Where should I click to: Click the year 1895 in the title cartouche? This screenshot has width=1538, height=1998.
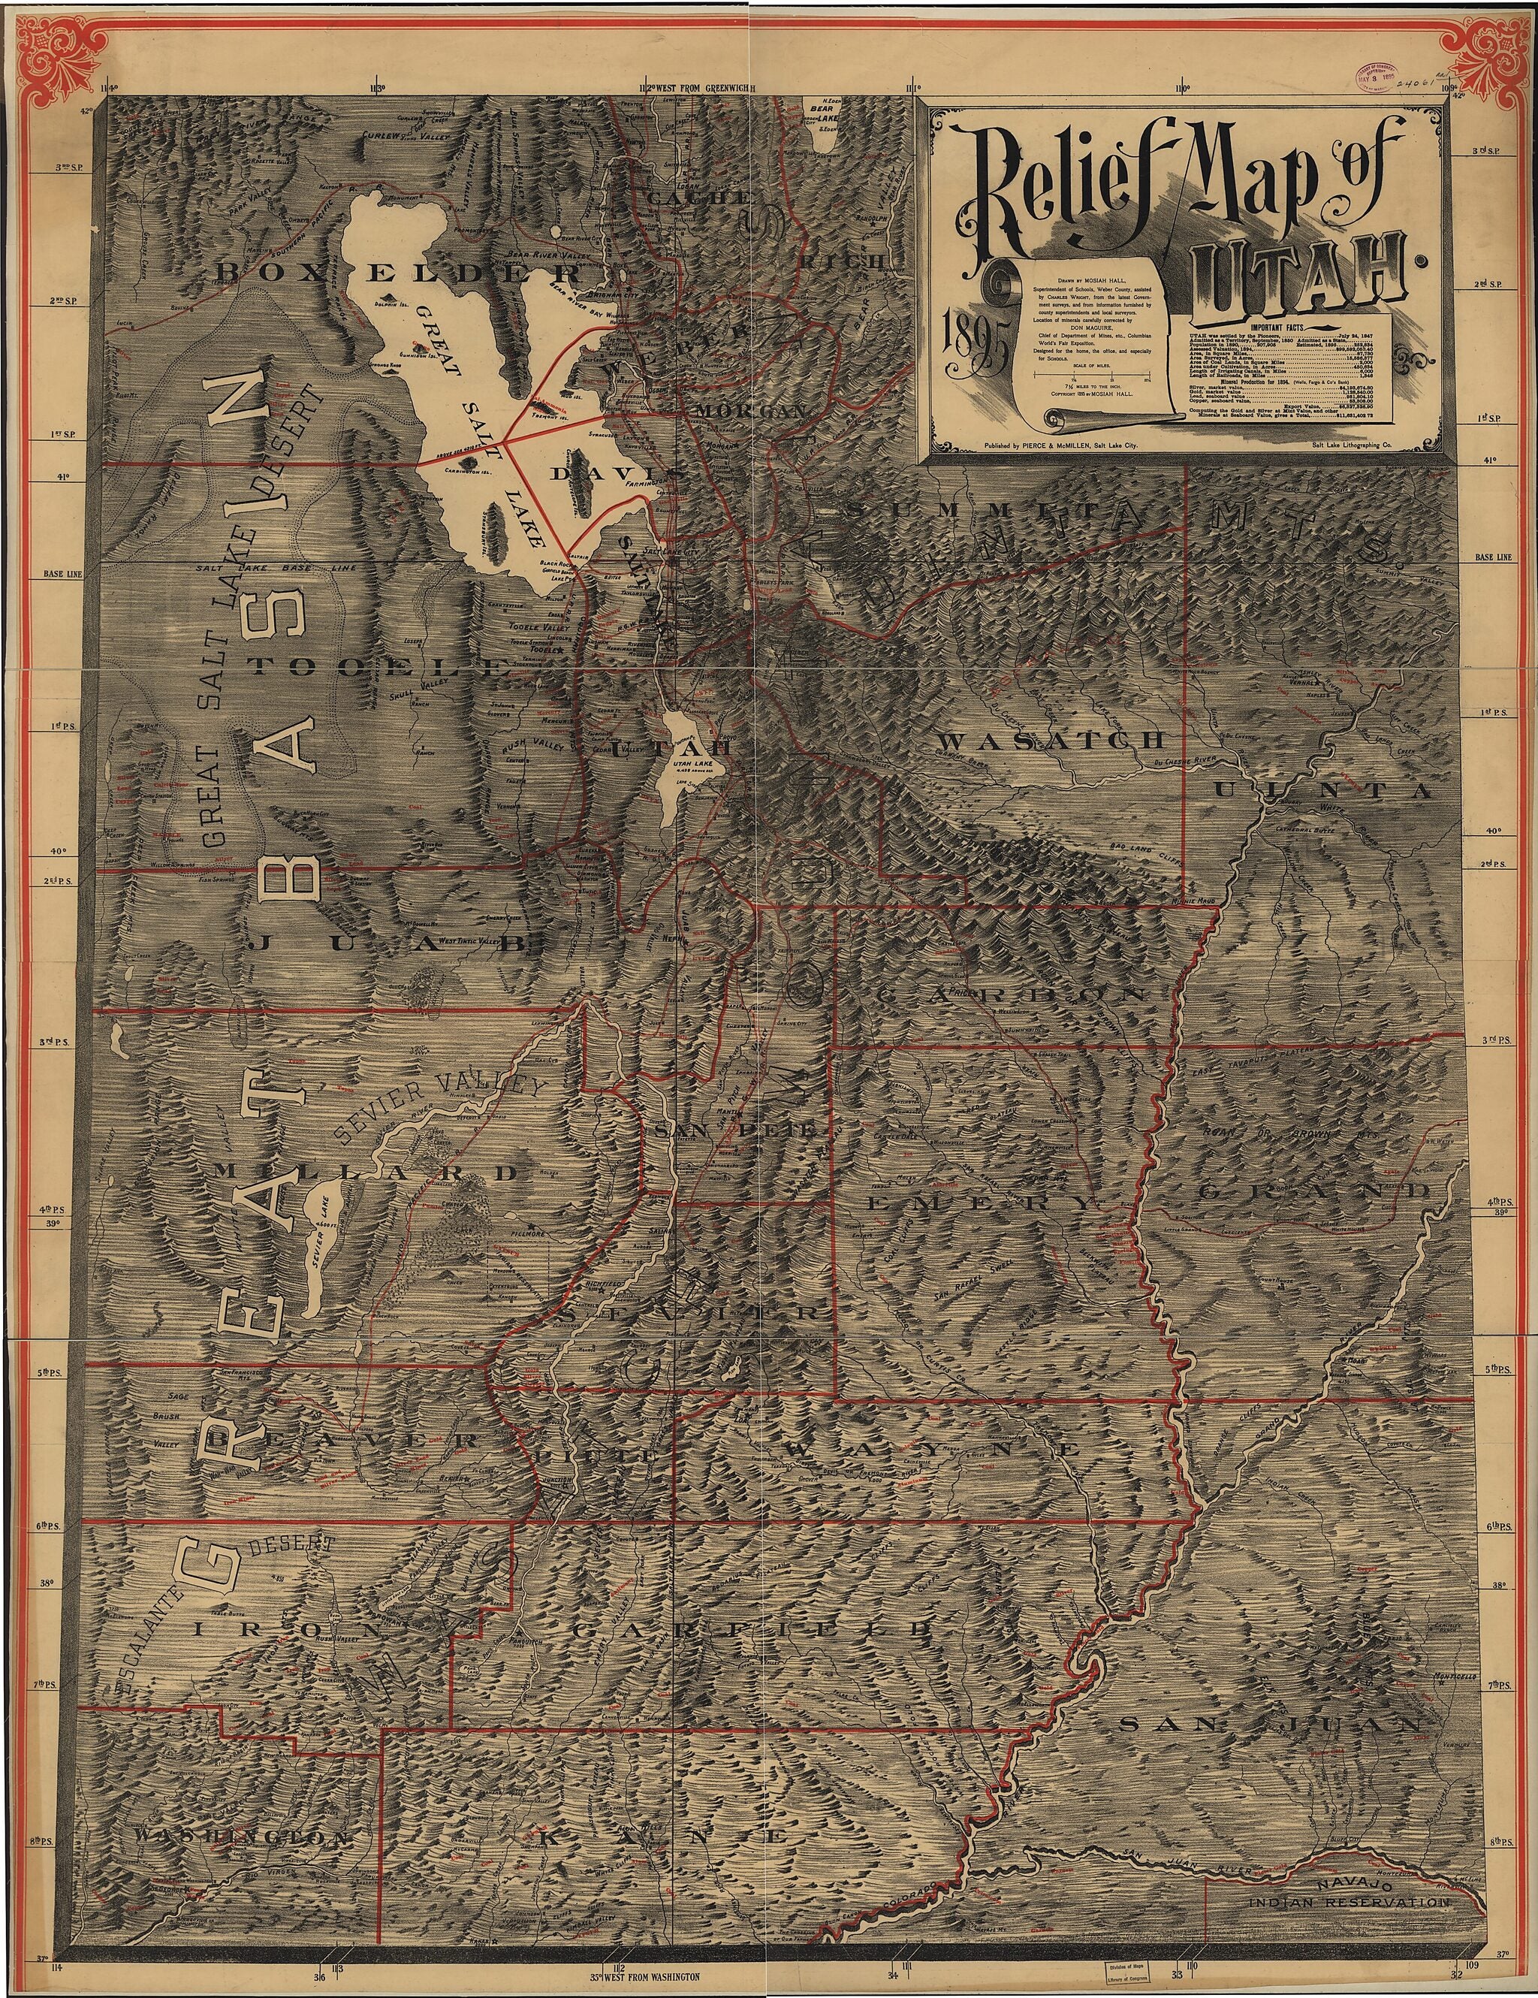[976, 349]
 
